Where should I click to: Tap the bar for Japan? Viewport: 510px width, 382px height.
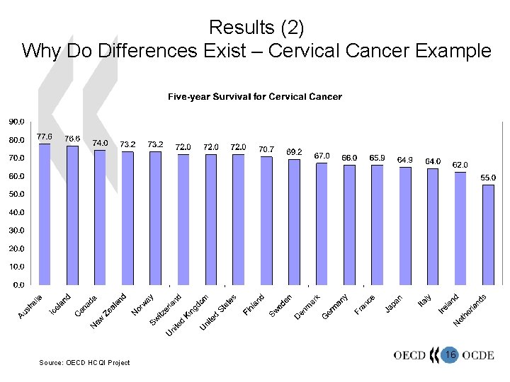click(405, 226)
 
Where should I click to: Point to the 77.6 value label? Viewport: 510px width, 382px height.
click(45, 136)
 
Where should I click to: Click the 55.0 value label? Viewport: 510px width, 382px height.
click(489, 178)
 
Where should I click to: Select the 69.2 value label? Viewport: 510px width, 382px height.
click(295, 151)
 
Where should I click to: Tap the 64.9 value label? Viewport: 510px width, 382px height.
click(405, 159)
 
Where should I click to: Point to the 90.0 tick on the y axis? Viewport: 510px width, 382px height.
click(16, 122)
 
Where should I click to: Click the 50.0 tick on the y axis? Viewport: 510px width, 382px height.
click(16, 194)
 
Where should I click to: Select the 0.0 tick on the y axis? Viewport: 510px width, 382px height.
click(18, 285)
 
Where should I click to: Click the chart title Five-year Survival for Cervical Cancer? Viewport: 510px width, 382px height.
click(254, 96)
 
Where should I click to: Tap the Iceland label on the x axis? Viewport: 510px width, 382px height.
click(60, 303)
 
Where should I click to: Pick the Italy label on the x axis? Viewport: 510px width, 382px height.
click(424, 301)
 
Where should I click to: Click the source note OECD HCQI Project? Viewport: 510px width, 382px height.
click(84, 363)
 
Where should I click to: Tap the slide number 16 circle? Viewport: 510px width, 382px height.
click(450, 354)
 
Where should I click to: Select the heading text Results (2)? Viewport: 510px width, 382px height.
click(256, 28)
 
